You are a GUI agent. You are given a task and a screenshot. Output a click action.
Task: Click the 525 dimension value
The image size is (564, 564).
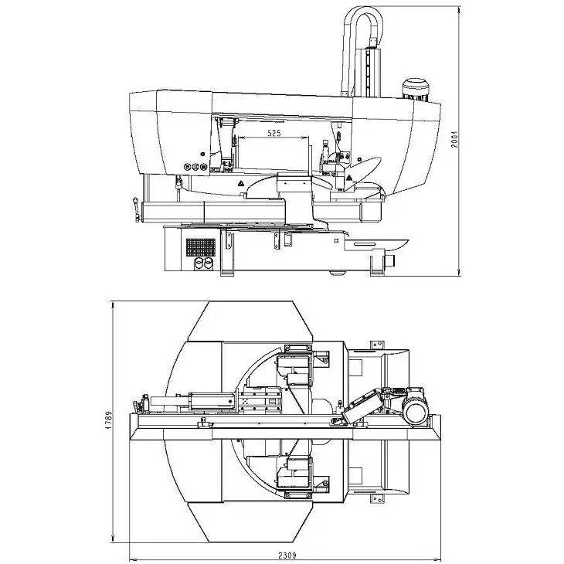[274, 133]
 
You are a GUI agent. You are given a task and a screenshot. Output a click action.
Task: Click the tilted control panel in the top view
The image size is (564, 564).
[362, 407]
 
